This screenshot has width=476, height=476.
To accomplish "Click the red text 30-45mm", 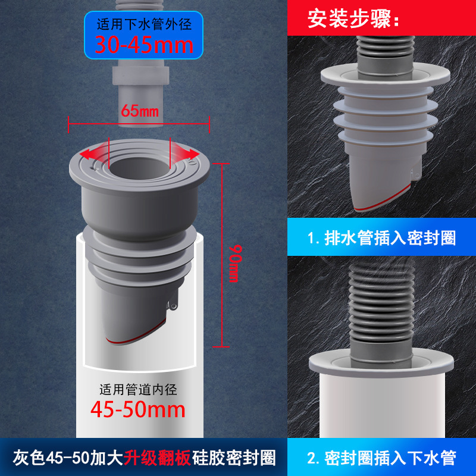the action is point(144,45).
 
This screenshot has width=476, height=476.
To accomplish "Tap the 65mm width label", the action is point(140,111).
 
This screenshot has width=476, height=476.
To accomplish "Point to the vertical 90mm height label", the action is point(234,264).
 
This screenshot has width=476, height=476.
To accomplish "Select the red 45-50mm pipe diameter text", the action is point(138,409).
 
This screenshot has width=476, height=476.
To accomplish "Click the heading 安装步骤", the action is point(353,19).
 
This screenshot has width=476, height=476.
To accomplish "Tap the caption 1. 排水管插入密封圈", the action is point(381,238).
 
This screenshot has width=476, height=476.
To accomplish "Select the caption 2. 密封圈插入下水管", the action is point(381,458).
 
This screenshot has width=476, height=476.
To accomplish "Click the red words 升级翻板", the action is point(157,458).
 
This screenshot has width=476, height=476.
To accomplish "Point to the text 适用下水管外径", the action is point(144,24).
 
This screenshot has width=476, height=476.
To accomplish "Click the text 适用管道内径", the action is point(138,390).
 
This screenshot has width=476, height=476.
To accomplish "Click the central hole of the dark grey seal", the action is point(139,168).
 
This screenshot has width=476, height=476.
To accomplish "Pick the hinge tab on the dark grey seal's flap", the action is point(172,305).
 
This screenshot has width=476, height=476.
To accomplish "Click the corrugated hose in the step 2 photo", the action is point(381,303).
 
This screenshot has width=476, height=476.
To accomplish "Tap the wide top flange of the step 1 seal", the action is point(385,76).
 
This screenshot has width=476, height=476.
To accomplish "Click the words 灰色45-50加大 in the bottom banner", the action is point(68,458).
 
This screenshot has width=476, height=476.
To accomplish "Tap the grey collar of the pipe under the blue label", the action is point(140,76).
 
